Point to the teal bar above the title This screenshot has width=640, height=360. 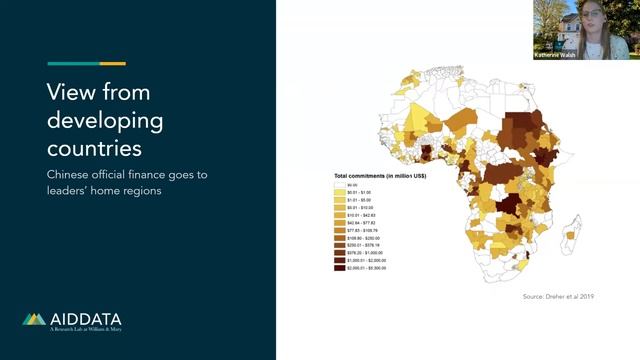tap(73, 63)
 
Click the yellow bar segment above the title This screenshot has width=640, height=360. tap(112, 63)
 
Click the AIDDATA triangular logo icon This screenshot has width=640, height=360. tap(34, 320)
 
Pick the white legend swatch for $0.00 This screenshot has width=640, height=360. tap(338, 185)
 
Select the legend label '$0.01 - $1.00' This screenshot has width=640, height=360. tap(359, 192)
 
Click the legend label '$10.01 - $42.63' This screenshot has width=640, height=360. tap(361, 215)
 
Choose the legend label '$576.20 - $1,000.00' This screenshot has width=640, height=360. tap(365, 253)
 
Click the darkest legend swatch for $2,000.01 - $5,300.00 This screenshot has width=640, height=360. tap(338, 268)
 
